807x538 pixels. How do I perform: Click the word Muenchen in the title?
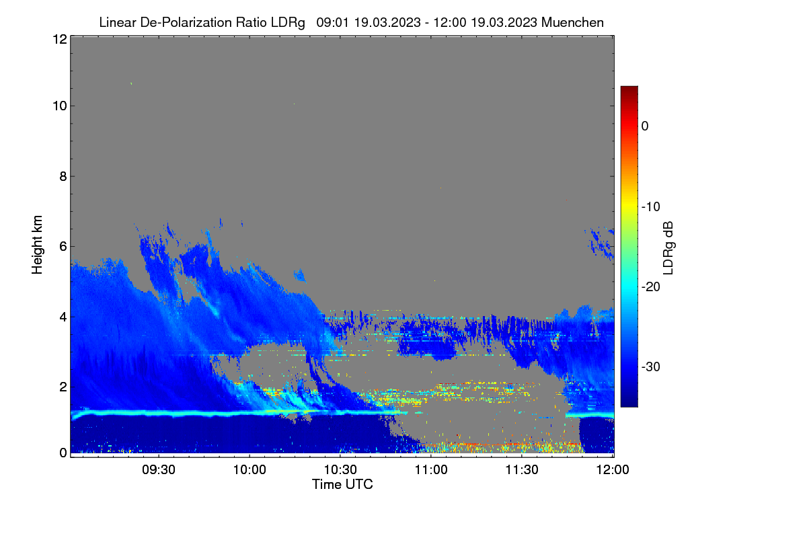[x=572, y=23]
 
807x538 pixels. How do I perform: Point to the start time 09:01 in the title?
[x=332, y=23]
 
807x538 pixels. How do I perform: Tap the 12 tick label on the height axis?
[x=60, y=39]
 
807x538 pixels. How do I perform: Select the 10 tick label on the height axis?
[x=60, y=106]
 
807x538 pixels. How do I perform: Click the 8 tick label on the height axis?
[x=63, y=177]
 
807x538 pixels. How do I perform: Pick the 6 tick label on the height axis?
[x=63, y=247]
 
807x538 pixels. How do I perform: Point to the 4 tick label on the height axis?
[x=63, y=317]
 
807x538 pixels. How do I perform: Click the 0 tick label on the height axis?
[x=63, y=453]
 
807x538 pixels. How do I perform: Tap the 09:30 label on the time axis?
[x=159, y=470]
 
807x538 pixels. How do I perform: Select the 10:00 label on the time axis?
[x=249, y=470]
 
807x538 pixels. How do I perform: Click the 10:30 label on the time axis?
[x=340, y=470]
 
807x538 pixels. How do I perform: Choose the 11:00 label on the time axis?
[x=431, y=470]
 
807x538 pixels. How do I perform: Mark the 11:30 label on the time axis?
[x=522, y=470]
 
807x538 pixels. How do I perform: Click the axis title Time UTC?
[x=342, y=485]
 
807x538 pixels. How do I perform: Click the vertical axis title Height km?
[x=37, y=245]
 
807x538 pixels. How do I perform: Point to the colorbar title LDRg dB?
[x=668, y=248]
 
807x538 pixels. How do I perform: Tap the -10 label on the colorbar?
[x=651, y=207]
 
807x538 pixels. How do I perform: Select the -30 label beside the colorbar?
[x=651, y=367]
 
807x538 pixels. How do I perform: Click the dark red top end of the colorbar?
[x=629, y=88]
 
